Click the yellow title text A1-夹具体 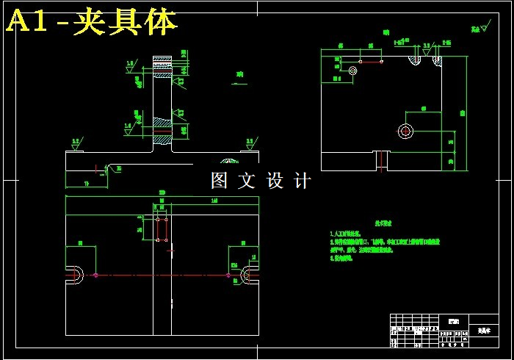(x=92, y=22)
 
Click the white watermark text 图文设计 (x=261, y=181)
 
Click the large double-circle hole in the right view (x=405, y=132)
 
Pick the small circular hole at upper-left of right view (x=353, y=71)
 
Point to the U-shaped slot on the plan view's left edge (x=76, y=276)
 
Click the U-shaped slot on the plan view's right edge (x=250, y=276)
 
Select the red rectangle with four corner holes (x=162, y=228)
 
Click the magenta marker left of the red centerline (x=95, y=276)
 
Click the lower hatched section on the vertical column (x=162, y=131)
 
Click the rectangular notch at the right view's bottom (x=380, y=160)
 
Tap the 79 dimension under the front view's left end (x=86, y=183)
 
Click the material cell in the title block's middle (x=454, y=321)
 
